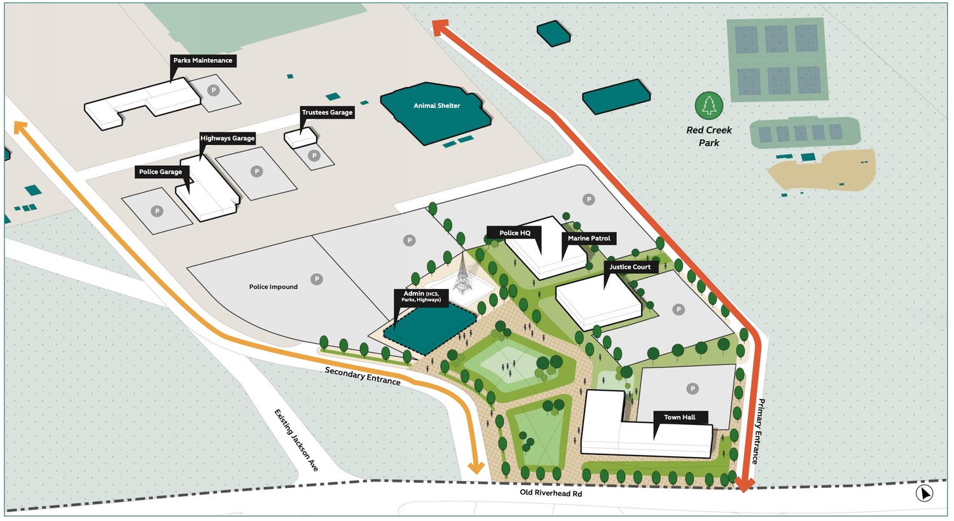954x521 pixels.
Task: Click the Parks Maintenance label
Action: pos(203,60)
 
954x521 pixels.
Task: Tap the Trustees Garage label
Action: pos(327,112)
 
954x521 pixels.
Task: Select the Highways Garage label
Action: pos(227,138)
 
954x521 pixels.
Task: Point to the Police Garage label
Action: pos(160,172)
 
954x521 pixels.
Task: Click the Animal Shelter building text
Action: pos(437,105)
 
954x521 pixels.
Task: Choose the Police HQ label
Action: pos(515,233)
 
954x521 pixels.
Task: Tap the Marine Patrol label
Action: pos(589,238)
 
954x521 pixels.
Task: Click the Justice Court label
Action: pos(630,267)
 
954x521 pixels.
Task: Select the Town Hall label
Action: pos(679,417)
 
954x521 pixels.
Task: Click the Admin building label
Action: pos(421,296)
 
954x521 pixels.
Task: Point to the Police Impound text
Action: pos(273,287)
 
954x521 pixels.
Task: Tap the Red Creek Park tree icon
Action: pos(709,105)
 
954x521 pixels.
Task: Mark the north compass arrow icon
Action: pos(924,493)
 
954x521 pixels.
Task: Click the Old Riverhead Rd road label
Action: pos(551,493)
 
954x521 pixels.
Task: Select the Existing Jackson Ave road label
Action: pos(296,440)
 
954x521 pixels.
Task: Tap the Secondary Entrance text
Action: pos(363,376)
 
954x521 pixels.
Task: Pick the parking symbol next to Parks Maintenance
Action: pos(214,90)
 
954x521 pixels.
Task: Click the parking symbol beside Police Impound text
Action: pos(316,279)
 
